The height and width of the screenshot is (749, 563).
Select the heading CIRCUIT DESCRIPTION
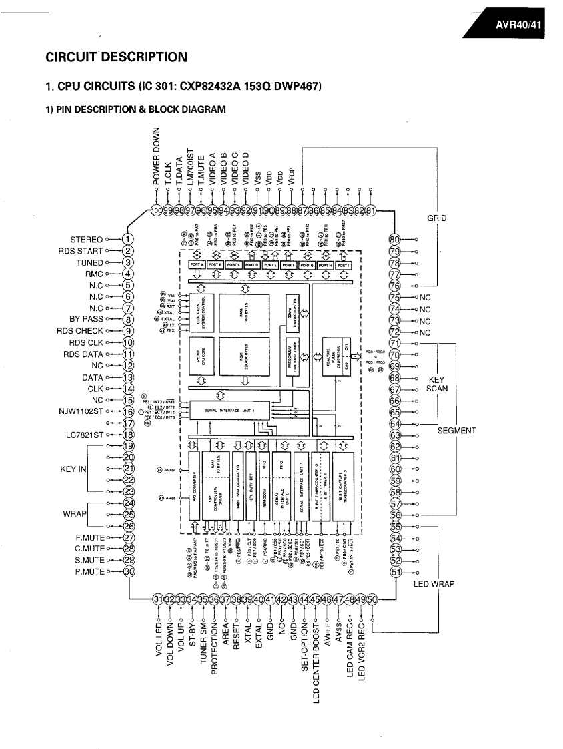click(x=116, y=57)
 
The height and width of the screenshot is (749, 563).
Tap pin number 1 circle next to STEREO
click(x=129, y=239)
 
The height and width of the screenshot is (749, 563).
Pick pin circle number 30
click(x=129, y=571)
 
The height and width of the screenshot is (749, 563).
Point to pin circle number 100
click(x=157, y=211)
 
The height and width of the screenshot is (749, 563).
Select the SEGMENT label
click(x=456, y=431)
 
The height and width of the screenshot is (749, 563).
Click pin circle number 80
click(x=394, y=240)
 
